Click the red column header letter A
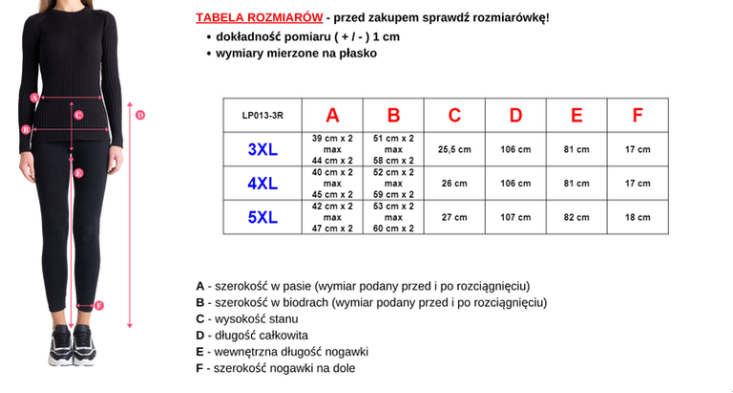pos(332,116)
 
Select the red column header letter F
pos(637,116)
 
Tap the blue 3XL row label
pos(262,150)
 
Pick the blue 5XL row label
pos(262,218)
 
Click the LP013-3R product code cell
pos(262,116)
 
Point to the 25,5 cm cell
pos(454,150)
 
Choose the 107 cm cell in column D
pos(515,218)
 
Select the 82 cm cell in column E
pos(576,218)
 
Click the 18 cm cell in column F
pos(637,218)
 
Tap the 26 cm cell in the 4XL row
pos(454,184)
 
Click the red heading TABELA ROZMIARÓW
pos(258,17)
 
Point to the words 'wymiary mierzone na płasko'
pos(296,54)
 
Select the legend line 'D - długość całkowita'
pos(252,336)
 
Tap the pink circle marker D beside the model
pos(139,115)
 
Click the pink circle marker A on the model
pos(34,97)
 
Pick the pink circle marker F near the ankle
pos(98,306)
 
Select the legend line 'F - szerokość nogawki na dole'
pos(282,368)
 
